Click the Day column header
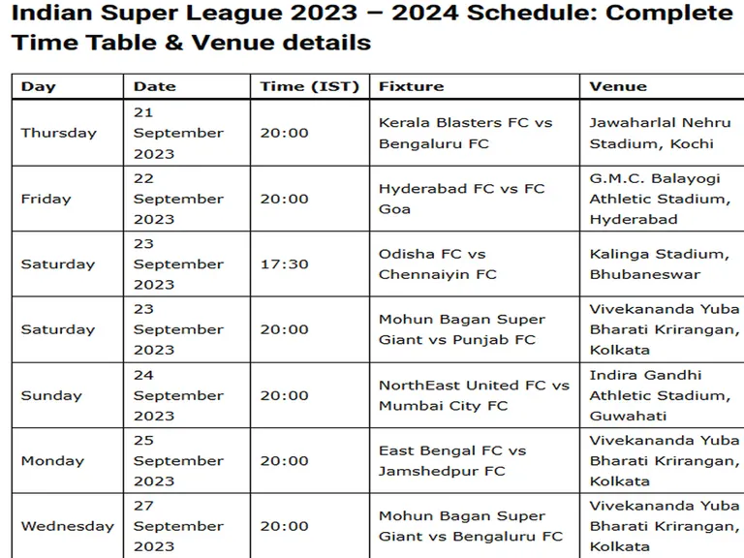tap(39, 86)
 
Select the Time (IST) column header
tap(309, 86)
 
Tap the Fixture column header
tap(412, 86)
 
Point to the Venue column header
tap(618, 86)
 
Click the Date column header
tap(155, 86)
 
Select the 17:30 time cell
tap(284, 264)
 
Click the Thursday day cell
tap(59, 133)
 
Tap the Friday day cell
tap(46, 199)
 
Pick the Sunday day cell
tap(51, 395)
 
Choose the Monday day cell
tap(52, 461)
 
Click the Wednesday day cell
tap(68, 526)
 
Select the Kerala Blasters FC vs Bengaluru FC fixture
tap(465, 134)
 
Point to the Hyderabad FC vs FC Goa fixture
tap(462, 199)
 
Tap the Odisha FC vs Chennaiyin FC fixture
tap(438, 264)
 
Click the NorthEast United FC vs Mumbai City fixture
tap(474, 395)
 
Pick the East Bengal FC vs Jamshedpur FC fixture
tap(452, 461)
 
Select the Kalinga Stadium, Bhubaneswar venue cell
tap(660, 264)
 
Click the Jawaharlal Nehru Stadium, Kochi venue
tap(660, 134)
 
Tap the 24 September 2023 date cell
tap(178, 395)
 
